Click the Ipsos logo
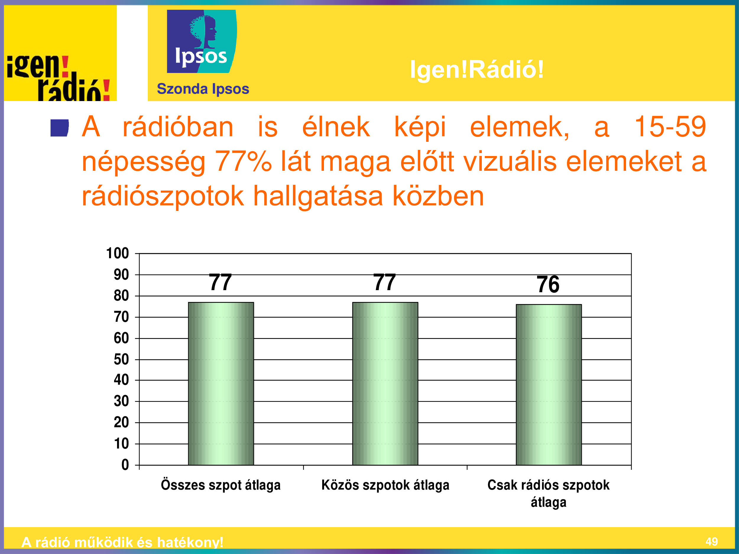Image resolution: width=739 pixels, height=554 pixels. coord(202,41)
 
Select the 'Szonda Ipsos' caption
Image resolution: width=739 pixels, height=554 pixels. coord(203,89)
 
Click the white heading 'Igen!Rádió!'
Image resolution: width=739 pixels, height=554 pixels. coord(477,69)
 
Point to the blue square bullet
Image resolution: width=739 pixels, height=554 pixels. coord(59,128)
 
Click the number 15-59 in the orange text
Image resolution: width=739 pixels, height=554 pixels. coord(670,126)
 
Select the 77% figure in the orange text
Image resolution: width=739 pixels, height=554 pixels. coord(243,161)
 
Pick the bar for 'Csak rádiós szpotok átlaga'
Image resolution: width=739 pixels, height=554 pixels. coord(549,385)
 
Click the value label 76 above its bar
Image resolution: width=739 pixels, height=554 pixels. coord(548,285)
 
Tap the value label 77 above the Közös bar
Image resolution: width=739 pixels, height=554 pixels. coord(385,282)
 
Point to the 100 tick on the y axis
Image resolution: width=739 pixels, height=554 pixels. coord(117,253)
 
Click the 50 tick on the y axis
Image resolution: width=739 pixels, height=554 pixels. coord(121,359)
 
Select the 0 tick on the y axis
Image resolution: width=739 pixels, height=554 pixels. coord(125,465)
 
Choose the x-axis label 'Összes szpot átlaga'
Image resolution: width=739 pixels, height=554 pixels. coord(221,485)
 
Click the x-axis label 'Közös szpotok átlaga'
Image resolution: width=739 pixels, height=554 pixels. coord(385,485)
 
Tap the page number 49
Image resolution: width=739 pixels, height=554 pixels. coord(712,541)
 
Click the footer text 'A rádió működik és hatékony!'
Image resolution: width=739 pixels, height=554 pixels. coord(122,542)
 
